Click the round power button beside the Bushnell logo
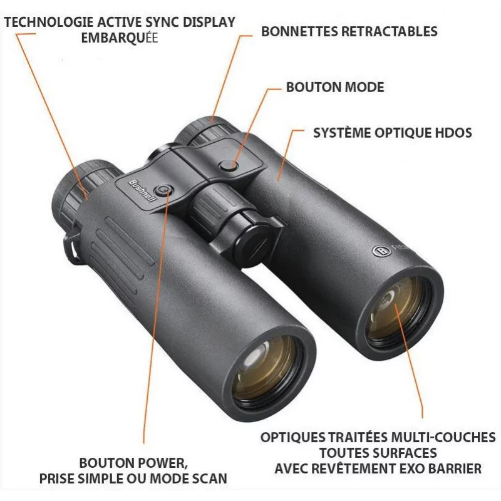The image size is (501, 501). pyautogui.click(x=164, y=190)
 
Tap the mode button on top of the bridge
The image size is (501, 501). pyautogui.click(x=229, y=165)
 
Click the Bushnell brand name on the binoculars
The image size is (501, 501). pyautogui.click(x=142, y=190)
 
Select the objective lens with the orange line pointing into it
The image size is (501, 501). pyautogui.click(x=397, y=311)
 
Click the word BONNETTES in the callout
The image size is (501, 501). pyautogui.click(x=299, y=31)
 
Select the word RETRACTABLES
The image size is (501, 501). pyautogui.click(x=390, y=31)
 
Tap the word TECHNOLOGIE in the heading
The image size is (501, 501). pyautogui.click(x=49, y=22)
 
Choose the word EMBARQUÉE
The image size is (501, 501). pyautogui.click(x=120, y=38)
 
